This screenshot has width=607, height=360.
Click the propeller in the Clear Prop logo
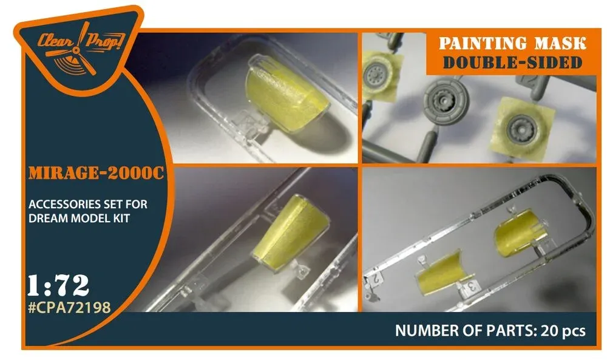[76, 50]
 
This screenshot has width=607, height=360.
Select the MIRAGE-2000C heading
[97, 173]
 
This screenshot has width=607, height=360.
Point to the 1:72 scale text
[58, 286]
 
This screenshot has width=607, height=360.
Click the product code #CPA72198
[70, 307]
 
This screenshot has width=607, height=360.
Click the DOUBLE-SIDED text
[512, 63]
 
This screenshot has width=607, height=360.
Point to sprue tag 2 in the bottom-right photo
[375, 279]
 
